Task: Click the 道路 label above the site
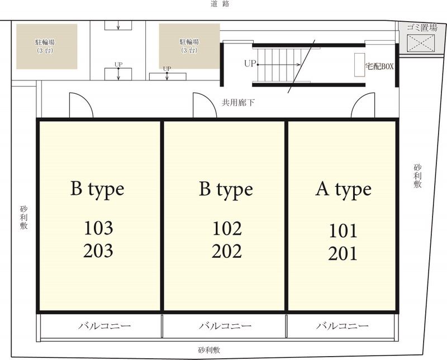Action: coord(220,4)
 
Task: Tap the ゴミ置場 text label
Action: coord(422,27)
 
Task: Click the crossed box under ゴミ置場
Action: coord(421,43)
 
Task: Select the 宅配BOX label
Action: coord(379,66)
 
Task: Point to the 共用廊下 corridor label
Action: coord(238,103)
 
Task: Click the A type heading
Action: coord(344,189)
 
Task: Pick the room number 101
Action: coord(343,231)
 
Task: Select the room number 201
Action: coord(343,254)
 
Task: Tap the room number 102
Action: coord(227,228)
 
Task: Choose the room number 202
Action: coord(227,251)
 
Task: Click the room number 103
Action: coord(98,228)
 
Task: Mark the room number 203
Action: coord(98,251)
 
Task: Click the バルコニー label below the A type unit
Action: coord(342,325)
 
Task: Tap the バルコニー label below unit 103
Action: coord(104,325)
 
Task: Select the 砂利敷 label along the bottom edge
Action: coord(209,350)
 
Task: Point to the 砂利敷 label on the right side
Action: coord(417,176)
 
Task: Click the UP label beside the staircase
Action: coord(250,64)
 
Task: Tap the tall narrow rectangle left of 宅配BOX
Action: coord(359,65)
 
